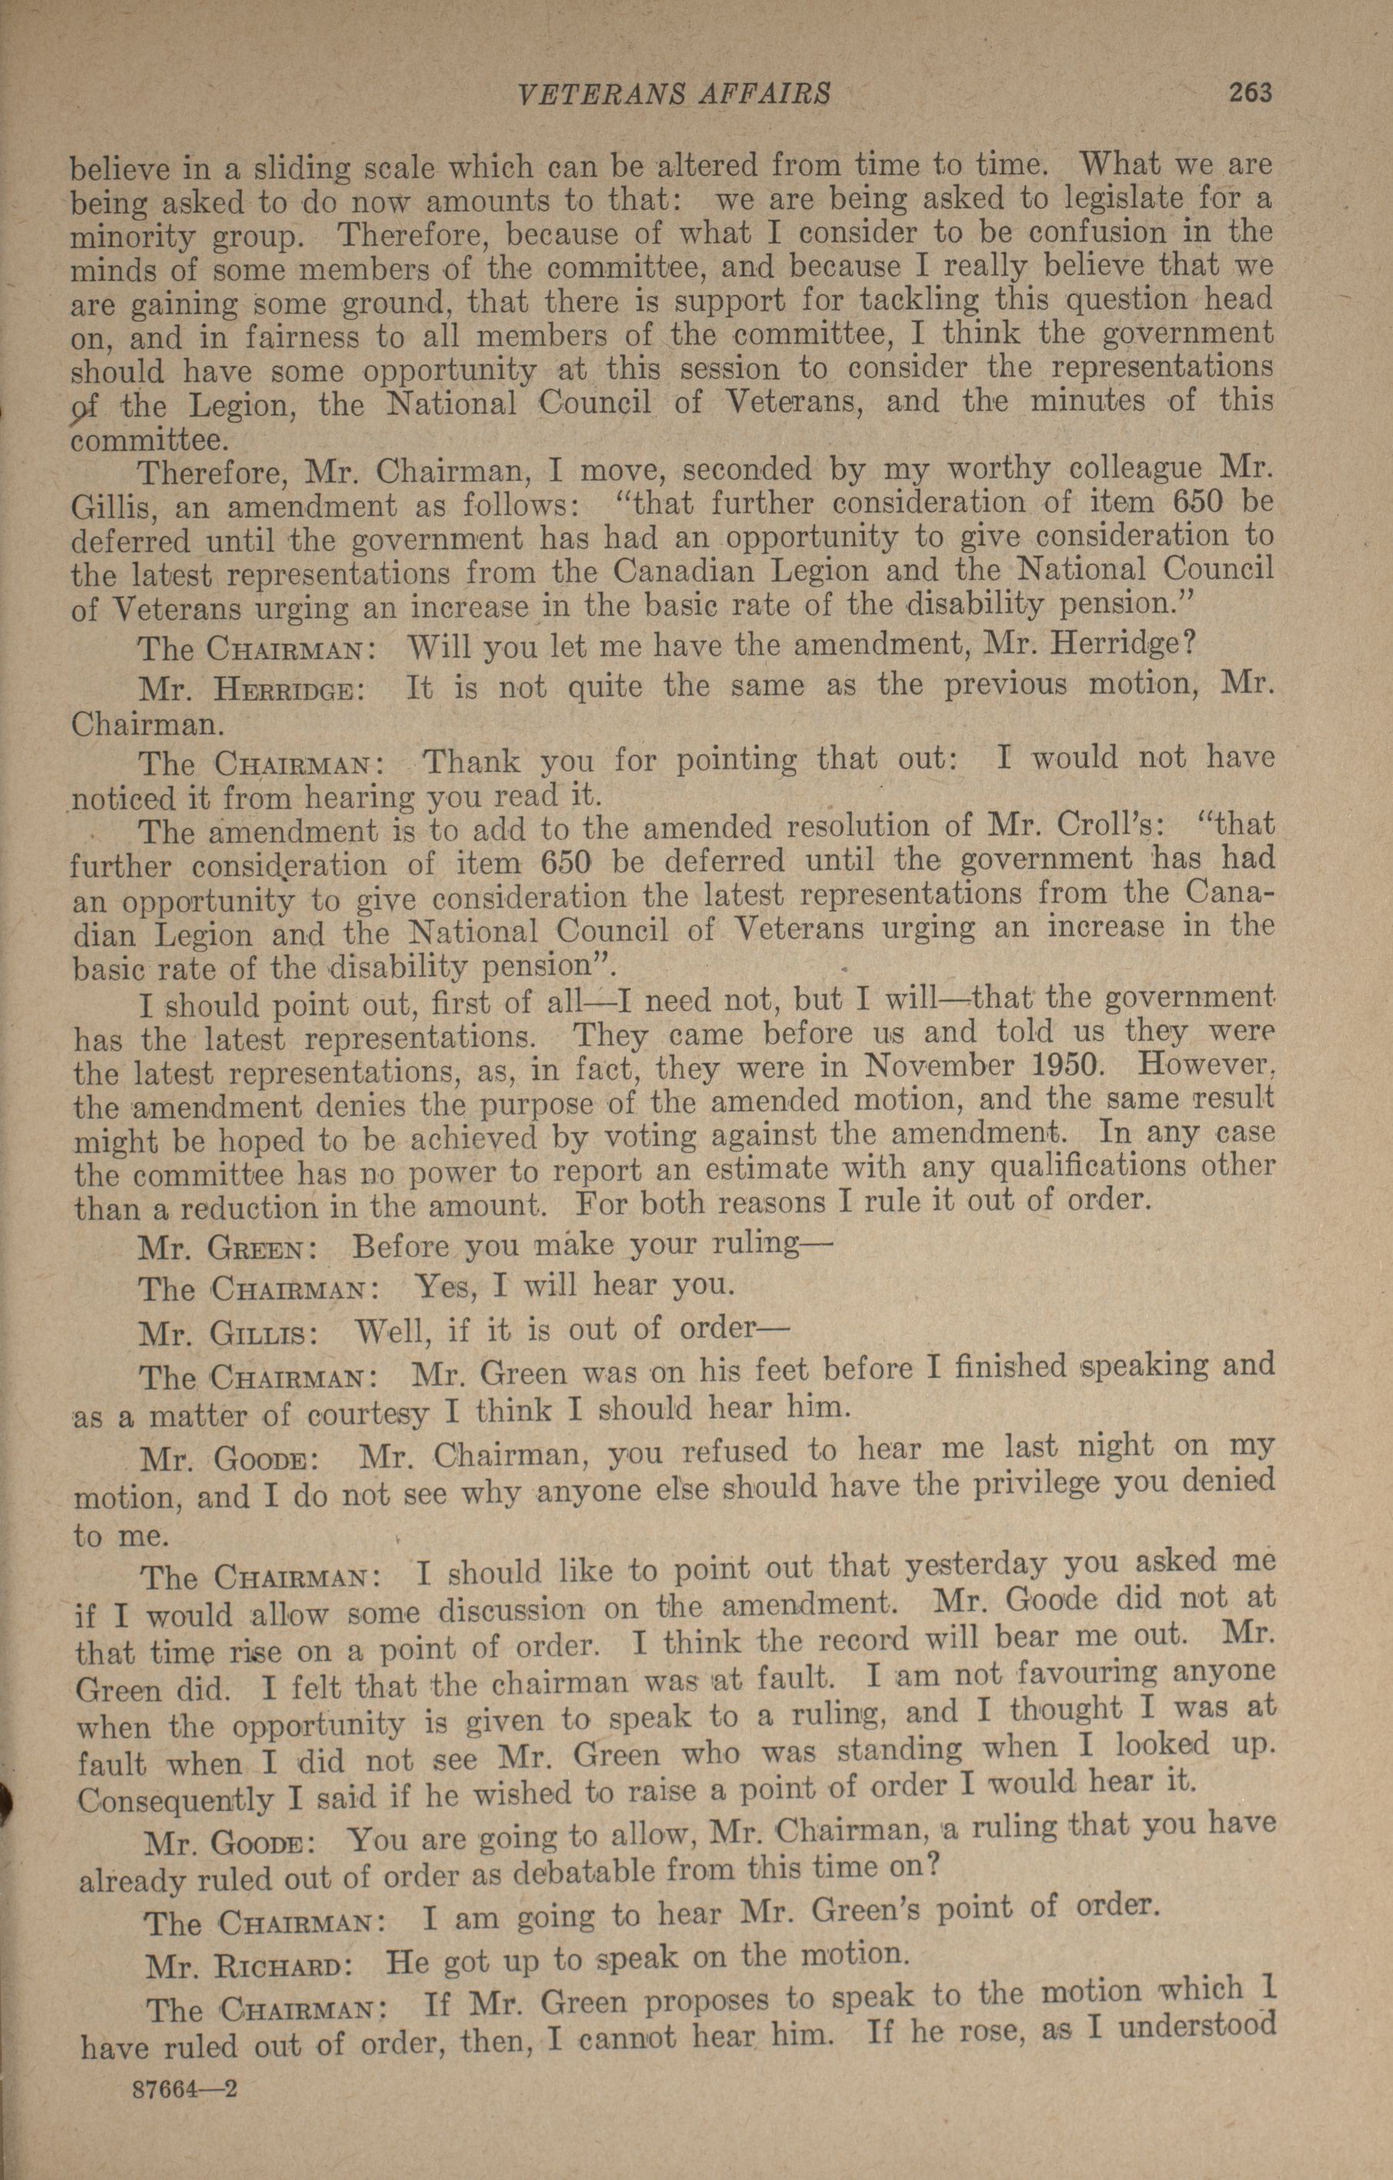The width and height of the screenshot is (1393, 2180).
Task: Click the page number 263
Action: [x=1250, y=92]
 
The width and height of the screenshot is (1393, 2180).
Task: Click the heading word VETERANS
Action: [x=590, y=94]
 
